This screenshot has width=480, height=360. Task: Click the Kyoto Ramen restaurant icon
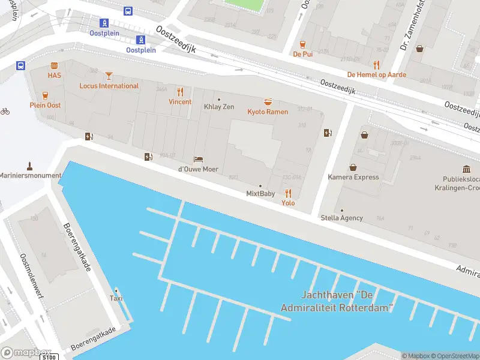coord(268,102)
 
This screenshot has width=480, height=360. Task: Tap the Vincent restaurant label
coord(180,102)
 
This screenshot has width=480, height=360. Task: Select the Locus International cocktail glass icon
coord(109,76)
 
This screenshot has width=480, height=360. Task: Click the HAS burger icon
coord(55,65)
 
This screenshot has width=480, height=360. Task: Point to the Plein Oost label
coord(45,106)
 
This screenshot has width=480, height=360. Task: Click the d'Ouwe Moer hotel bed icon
coord(198,159)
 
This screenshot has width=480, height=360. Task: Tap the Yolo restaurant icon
coord(288,193)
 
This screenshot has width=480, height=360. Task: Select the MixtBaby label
coord(260,194)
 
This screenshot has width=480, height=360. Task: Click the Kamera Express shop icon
coord(353,167)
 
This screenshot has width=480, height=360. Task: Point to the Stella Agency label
coord(342,218)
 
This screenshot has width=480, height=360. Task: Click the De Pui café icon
coord(302,44)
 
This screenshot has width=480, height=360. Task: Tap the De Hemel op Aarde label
coord(377,75)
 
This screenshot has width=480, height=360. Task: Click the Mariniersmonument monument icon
coord(29,166)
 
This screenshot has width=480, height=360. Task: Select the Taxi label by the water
coord(116,298)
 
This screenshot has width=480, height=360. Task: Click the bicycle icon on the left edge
coord(5,111)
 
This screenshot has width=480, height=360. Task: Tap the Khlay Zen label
coord(219,107)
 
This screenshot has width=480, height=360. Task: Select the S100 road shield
coord(49,357)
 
